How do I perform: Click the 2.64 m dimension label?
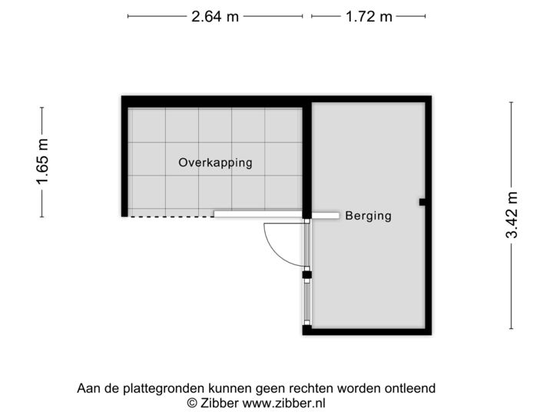(215, 16)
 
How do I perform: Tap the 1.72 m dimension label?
(368, 16)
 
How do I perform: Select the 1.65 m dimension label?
(42, 161)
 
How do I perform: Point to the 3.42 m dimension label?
(512, 216)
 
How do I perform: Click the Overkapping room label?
(215, 163)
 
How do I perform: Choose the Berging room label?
(368, 216)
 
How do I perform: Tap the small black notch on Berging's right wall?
(422, 202)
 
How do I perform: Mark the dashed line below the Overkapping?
(170, 217)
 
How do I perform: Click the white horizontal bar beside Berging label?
(276, 215)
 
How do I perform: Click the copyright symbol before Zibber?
(191, 402)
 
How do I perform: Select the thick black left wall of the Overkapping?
(123, 158)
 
